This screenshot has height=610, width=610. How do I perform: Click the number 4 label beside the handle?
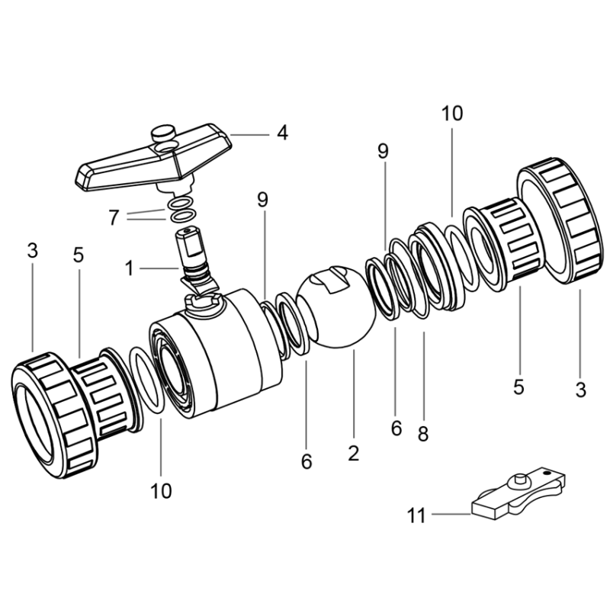(283, 133)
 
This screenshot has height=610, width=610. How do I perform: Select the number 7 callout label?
(114, 218)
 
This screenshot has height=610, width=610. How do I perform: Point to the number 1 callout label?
(130, 268)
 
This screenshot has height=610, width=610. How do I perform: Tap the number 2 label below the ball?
(353, 453)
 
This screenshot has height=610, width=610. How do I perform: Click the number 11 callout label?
(416, 516)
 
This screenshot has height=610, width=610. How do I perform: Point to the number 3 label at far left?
(32, 251)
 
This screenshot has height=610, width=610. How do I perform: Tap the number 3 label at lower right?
(581, 390)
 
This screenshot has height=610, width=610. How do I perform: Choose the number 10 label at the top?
(451, 114)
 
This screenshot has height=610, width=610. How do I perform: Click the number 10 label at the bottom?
(161, 491)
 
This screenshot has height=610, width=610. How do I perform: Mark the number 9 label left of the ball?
(263, 201)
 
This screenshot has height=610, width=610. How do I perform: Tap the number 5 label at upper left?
(79, 255)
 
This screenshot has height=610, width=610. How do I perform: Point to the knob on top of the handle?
(164, 135)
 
